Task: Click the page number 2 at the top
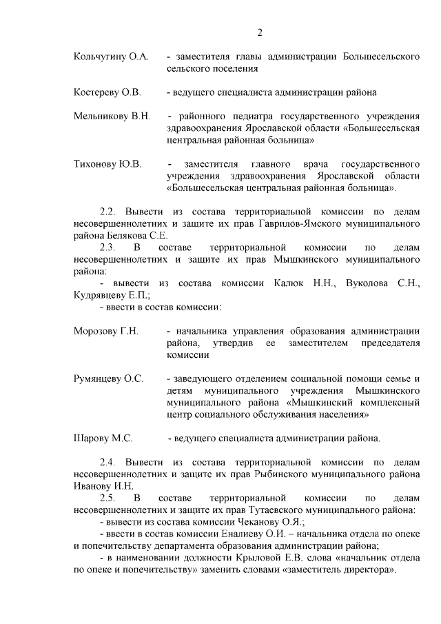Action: click(x=260, y=32)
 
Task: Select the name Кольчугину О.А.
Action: click(x=111, y=55)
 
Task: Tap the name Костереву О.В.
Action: click(x=107, y=92)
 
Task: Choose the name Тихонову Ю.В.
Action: click(x=107, y=164)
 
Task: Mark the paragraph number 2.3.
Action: click(x=110, y=247)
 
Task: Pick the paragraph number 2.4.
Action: click(x=110, y=461)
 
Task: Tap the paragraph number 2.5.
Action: click(x=110, y=497)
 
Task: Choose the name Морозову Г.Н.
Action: click(x=106, y=331)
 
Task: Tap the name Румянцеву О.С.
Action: click(x=108, y=379)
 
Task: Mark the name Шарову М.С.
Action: click(x=103, y=438)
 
